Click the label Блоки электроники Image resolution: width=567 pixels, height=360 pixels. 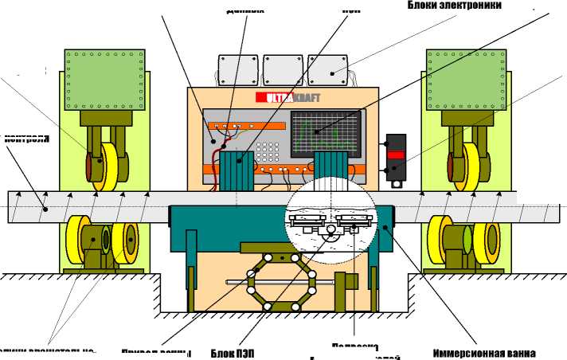tap(454, 6)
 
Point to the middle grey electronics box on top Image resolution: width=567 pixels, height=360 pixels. tap(283, 69)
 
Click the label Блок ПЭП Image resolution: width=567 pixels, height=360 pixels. tap(233, 353)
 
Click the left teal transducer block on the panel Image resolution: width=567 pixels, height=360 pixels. tap(236, 171)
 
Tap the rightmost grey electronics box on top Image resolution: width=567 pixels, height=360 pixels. tap(328, 69)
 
